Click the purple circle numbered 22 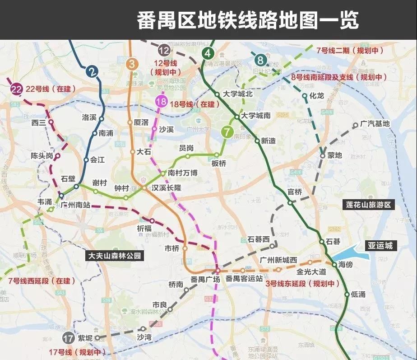coord(16,89)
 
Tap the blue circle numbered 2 coord(93,71)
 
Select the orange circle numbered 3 coord(132,64)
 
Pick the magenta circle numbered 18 coord(161,102)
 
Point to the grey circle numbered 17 coord(69,338)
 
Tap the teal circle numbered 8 coord(260,59)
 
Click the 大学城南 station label coord(255,116)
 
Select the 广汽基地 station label coord(375,124)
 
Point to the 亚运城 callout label coord(380,246)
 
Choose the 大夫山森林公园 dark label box coord(115,256)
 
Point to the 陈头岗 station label coord(42,156)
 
